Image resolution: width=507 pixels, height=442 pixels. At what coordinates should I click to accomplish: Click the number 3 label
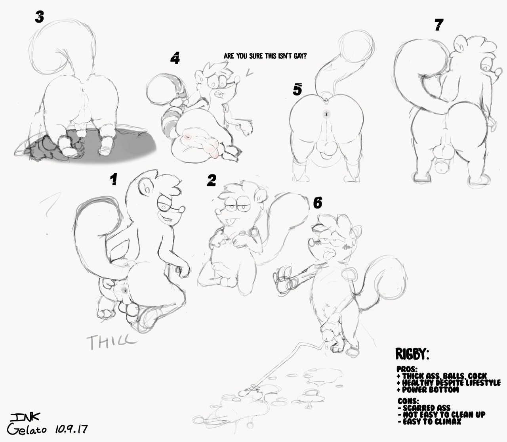[x=39, y=17]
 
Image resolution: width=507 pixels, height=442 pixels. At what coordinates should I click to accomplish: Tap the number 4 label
[x=175, y=59]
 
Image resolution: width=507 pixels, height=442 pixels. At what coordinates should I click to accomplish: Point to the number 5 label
[x=297, y=89]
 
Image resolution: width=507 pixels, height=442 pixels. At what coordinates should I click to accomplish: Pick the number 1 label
[x=114, y=179]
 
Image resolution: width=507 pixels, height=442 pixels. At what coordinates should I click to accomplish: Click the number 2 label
[x=212, y=180]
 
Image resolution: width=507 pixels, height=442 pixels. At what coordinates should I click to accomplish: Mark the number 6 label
[x=317, y=203]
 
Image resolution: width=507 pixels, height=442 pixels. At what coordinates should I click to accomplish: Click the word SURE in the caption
[x=256, y=56]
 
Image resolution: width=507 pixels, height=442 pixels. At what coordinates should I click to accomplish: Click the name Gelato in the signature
[x=27, y=429]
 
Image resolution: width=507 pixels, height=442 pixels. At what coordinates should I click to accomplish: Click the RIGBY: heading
[x=412, y=354]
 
